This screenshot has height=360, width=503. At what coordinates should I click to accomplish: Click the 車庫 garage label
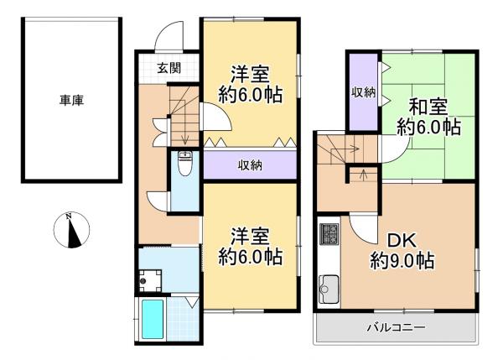pos(71,100)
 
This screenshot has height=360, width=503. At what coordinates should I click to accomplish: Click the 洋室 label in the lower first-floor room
pos(250,235)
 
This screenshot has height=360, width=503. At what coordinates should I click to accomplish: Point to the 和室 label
pos(428,107)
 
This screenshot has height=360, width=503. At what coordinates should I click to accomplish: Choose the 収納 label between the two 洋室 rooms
pos(250,165)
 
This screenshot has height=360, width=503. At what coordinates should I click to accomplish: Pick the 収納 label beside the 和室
pos(363,91)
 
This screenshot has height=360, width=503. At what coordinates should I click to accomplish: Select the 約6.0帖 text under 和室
pos(428,128)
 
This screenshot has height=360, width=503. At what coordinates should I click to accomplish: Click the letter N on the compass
pos(71,220)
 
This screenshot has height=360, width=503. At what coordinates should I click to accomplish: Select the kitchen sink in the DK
pos(327,293)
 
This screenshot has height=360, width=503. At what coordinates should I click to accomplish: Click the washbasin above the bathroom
pos(151,278)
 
